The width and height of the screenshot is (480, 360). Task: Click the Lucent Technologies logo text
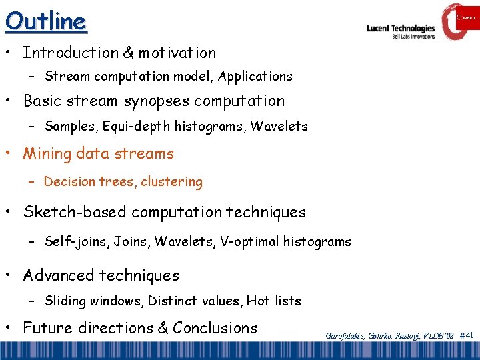point(400,29)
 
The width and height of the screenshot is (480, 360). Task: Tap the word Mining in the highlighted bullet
point(47,154)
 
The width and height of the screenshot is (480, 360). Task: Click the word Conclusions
point(215,328)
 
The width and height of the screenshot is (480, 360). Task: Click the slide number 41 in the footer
point(469,336)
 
